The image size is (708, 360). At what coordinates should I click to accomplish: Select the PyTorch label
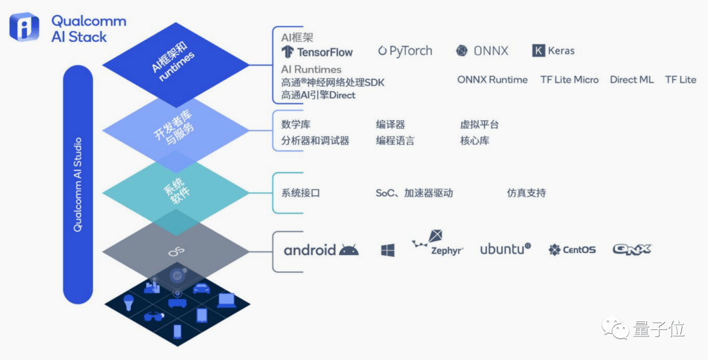click(x=405, y=51)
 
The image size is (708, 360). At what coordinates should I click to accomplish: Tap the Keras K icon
click(x=538, y=50)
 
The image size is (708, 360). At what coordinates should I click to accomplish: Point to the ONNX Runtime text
click(x=492, y=80)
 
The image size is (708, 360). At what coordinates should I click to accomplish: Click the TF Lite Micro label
click(x=570, y=80)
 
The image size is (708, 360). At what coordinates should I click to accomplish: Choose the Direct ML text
click(x=631, y=80)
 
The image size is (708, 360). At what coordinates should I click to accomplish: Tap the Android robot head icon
click(x=349, y=250)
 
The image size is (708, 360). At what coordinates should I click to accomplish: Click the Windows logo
click(x=387, y=250)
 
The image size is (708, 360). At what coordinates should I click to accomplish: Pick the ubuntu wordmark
click(x=505, y=249)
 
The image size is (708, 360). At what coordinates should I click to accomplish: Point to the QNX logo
click(x=632, y=249)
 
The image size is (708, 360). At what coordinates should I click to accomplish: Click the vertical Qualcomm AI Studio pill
click(x=77, y=184)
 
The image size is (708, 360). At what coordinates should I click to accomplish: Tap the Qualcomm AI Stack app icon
click(x=24, y=27)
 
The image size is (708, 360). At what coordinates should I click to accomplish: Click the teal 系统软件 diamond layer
click(x=176, y=193)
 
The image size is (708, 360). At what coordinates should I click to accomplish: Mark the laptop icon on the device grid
click(x=226, y=300)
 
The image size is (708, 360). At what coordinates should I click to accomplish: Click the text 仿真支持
click(x=526, y=193)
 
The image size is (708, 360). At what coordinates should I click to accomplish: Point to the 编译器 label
click(x=390, y=125)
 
